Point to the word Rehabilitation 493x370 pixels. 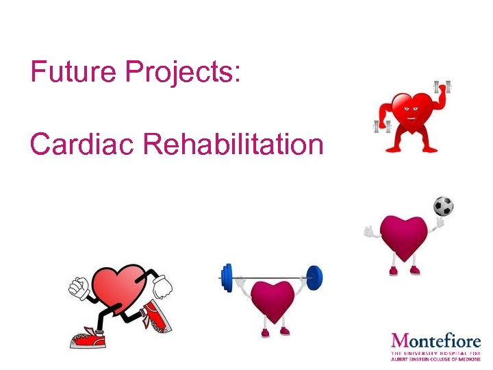point(232,144)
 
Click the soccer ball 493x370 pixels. point(443,206)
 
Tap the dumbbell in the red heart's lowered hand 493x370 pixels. point(380,125)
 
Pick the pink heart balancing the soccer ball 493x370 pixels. point(404,236)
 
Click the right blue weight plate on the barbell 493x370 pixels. point(314,277)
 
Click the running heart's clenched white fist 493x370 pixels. point(77,288)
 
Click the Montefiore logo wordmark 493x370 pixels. point(435,341)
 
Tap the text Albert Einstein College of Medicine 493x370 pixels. point(435,358)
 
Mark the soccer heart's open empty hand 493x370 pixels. point(370,232)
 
